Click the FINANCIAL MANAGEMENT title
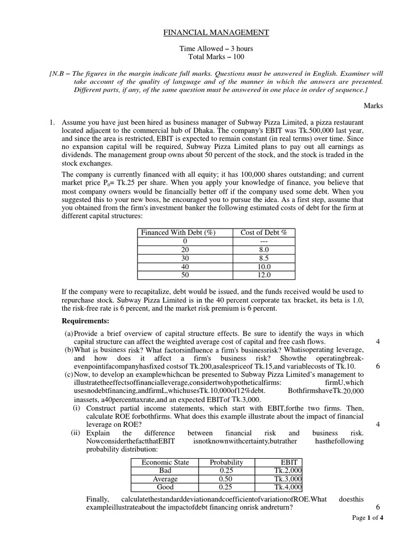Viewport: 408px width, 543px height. [x=216, y=32]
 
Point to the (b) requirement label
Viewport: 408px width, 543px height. [x=69, y=350]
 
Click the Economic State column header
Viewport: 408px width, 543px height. [x=165, y=462]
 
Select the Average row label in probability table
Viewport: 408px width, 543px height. [x=165, y=479]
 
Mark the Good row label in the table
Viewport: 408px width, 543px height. [x=165, y=487]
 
